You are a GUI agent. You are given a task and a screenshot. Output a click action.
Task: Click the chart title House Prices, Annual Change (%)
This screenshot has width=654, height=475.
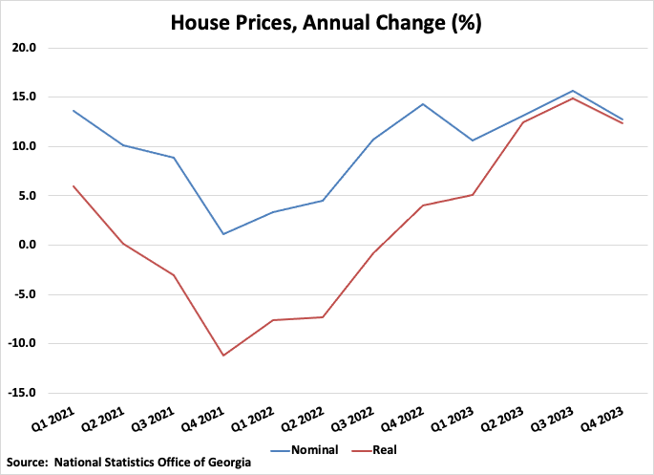pos(326,22)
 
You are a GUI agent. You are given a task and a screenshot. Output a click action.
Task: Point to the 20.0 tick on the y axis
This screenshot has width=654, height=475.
pos(22,48)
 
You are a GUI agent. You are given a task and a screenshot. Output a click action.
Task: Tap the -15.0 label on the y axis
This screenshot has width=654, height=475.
pos(20,393)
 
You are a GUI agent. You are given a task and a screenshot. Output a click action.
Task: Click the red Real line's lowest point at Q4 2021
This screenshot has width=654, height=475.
pos(222,356)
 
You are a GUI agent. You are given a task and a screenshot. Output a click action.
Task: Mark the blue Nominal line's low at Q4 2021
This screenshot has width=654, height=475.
pos(222,234)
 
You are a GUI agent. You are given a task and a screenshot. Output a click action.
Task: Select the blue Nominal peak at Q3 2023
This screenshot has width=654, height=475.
pos(572,91)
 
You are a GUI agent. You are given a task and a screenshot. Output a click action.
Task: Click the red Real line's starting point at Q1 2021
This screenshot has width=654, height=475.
pos(73,185)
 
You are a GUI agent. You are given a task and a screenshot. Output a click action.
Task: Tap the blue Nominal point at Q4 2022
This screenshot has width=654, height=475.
pos(422,104)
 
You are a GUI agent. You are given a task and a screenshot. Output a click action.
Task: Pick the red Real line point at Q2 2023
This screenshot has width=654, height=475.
pos(522,122)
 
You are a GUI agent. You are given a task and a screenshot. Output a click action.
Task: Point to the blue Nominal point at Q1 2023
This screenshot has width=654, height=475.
pos(473,140)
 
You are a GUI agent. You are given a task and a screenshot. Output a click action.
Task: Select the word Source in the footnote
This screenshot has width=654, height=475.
pos(27,463)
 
